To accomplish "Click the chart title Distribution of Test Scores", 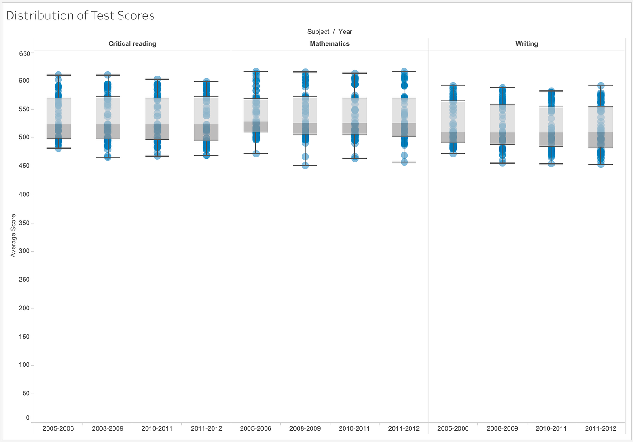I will tap(80, 16).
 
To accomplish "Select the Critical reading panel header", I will tap(132, 44).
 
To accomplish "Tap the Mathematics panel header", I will tap(330, 44).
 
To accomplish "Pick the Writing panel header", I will tap(527, 44).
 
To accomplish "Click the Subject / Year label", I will tap(330, 32).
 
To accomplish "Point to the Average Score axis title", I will tap(14, 235).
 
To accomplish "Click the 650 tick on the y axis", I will tap(24, 54).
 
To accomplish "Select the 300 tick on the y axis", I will tap(24, 251).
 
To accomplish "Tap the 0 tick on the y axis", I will tap(28, 418).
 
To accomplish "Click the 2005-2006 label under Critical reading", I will tap(58, 428).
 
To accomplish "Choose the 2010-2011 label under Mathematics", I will tap(354, 428).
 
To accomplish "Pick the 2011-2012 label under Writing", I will tap(600, 428).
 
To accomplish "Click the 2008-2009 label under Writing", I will tap(502, 428).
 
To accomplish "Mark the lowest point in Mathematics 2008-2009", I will tap(305, 166).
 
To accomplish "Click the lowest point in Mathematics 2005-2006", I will tap(256, 154).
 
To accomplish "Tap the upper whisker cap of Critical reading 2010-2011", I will tap(157, 79).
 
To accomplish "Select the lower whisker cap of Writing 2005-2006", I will tap(453, 154).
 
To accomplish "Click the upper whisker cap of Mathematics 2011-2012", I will tap(404, 71).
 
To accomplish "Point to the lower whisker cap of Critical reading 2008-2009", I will tap(108, 157).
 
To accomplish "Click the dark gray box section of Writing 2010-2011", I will tap(551, 139).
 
